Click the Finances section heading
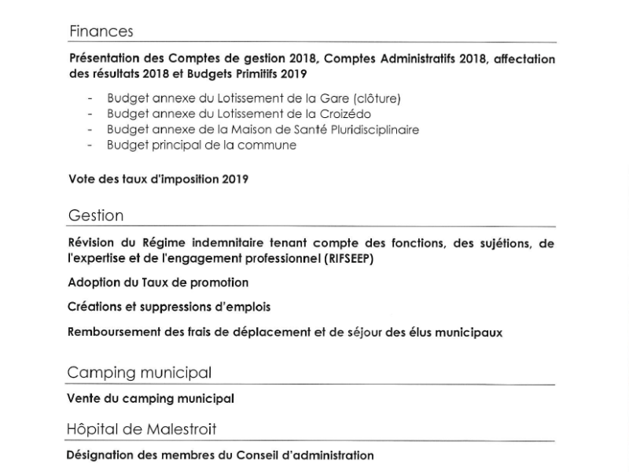[x=101, y=31]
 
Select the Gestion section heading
[x=96, y=216]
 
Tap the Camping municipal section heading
[x=139, y=372]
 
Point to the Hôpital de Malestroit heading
[x=142, y=429]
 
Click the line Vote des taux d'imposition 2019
[x=158, y=179]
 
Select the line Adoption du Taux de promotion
[x=158, y=282]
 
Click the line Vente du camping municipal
[x=151, y=398]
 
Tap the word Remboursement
[x=114, y=332]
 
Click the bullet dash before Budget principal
[x=90, y=146]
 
